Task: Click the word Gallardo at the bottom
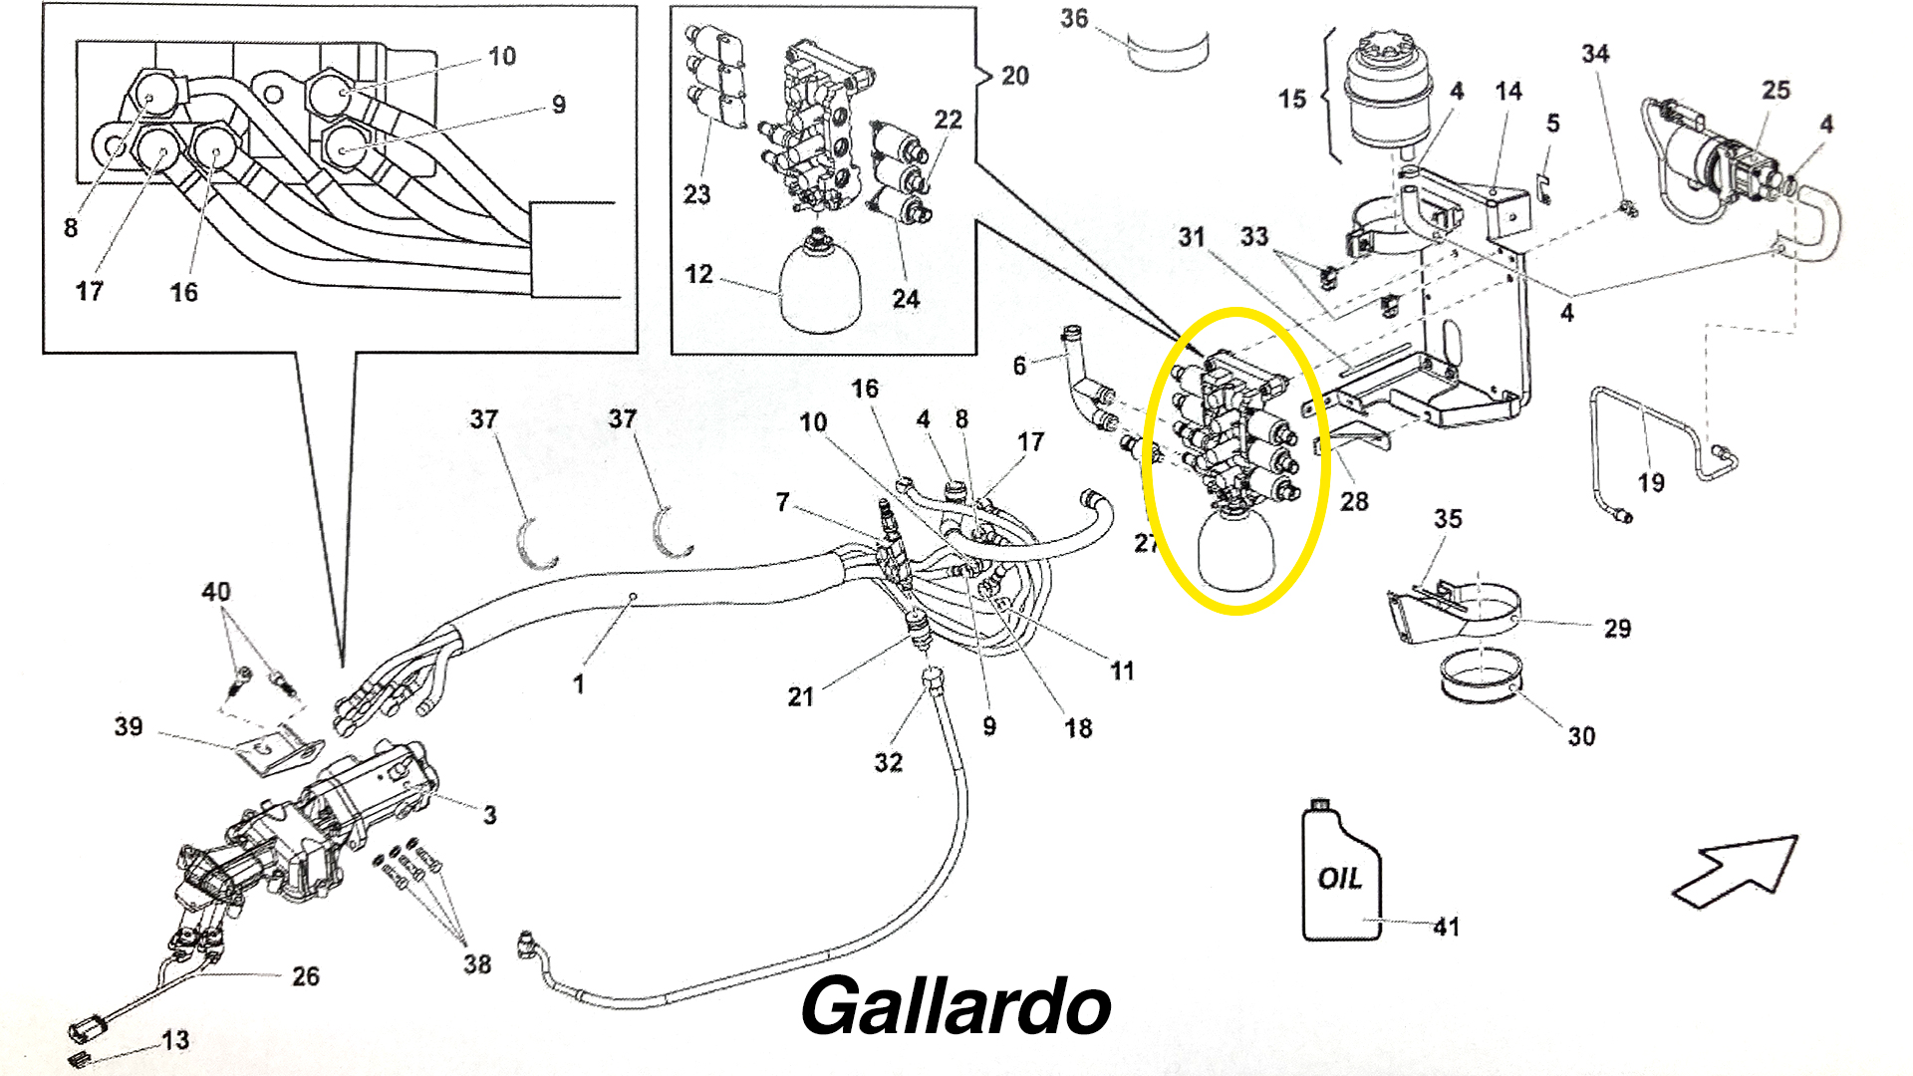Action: [x=956, y=1007]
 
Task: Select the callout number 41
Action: [x=1447, y=927]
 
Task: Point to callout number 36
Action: [x=1074, y=19]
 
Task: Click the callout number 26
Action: [x=306, y=976]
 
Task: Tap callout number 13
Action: [x=175, y=1040]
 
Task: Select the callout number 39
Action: [x=129, y=726]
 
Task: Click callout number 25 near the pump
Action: [x=1776, y=90]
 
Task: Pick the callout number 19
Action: [x=1651, y=483]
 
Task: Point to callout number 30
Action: [x=1581, y=736]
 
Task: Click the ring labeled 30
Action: [x=1481, y=677]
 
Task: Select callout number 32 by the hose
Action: [x=889, y=762]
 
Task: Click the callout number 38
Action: [x=477, y=963]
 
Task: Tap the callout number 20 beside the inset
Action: [x=1014, y=76]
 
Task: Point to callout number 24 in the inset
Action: [x=906, y=299]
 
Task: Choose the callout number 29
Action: [x=1617, y=629]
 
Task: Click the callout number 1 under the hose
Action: [x=578, y=684]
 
